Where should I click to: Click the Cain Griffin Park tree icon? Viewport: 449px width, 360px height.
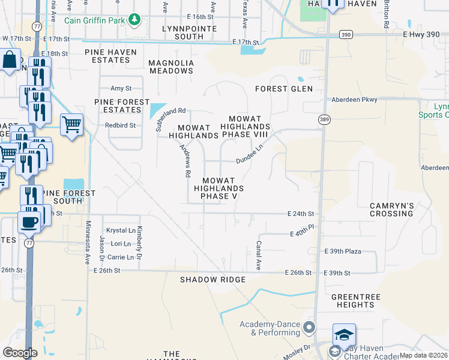point(136,20)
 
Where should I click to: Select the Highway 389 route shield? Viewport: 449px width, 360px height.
point(324,119)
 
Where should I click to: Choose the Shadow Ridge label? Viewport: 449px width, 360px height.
point(213,280)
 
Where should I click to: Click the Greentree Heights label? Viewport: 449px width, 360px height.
point(355,301)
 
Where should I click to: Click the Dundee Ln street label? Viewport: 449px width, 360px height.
point(249,154)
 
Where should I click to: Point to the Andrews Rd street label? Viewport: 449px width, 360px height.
point(187,161)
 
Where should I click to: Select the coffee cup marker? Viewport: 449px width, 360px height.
point(28,223)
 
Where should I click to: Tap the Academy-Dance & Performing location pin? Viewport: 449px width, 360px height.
point(309,327)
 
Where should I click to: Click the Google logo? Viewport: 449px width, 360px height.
point(20,353)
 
